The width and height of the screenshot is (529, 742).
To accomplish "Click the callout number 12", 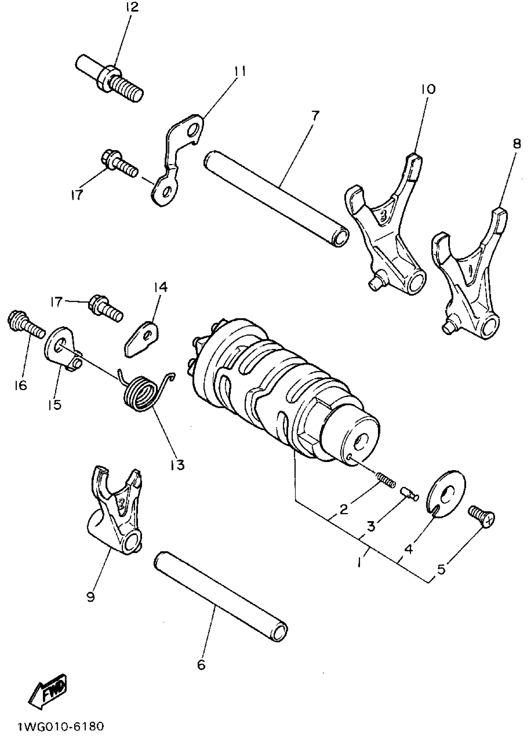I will point(132,7).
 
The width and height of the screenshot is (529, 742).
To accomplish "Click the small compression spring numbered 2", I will point(386,480).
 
